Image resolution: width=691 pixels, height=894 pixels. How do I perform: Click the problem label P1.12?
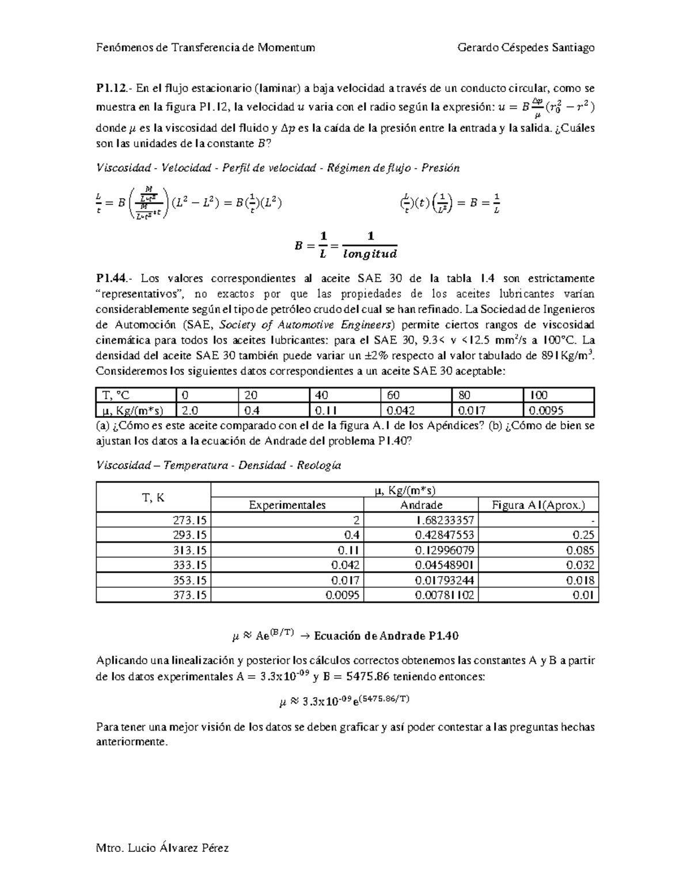(x=111, y=89)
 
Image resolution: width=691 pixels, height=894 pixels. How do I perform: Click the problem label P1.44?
(x=111, y=279)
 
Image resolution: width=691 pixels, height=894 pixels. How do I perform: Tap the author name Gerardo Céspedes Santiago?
(x=525, y=48)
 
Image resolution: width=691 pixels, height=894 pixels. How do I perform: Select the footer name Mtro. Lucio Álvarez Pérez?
(x=162, y=848)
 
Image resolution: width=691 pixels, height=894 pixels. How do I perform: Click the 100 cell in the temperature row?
(x=540, y=395)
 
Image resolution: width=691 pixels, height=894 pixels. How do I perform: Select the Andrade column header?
(x=421, y=505)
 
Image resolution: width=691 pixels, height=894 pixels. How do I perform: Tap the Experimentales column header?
(x=287, y=505)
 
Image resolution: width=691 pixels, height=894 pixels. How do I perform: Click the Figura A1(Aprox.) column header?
(x=538, y=505)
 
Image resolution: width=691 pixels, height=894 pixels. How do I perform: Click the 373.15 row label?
(x=189, y=595)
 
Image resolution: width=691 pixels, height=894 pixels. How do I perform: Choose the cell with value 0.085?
(x=580, y=550)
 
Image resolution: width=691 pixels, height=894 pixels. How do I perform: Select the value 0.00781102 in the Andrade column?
(x=444, y=595)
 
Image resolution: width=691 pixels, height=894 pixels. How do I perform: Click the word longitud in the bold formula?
(x=370, y=253)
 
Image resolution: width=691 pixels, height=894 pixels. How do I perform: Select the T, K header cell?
(x=153, y=498)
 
